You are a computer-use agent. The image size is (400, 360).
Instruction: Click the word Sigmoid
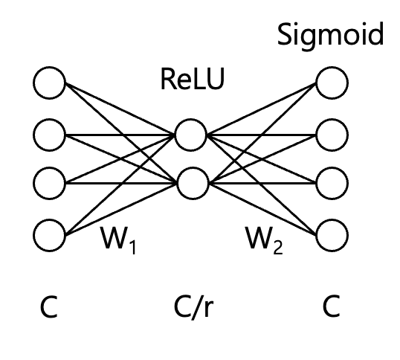(x=331, y=36)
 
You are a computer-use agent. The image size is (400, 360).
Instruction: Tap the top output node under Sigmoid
(x=332, y=83)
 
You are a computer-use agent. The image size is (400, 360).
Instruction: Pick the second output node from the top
(x=332, y=133)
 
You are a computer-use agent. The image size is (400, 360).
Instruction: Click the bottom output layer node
(x=332, y=234)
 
